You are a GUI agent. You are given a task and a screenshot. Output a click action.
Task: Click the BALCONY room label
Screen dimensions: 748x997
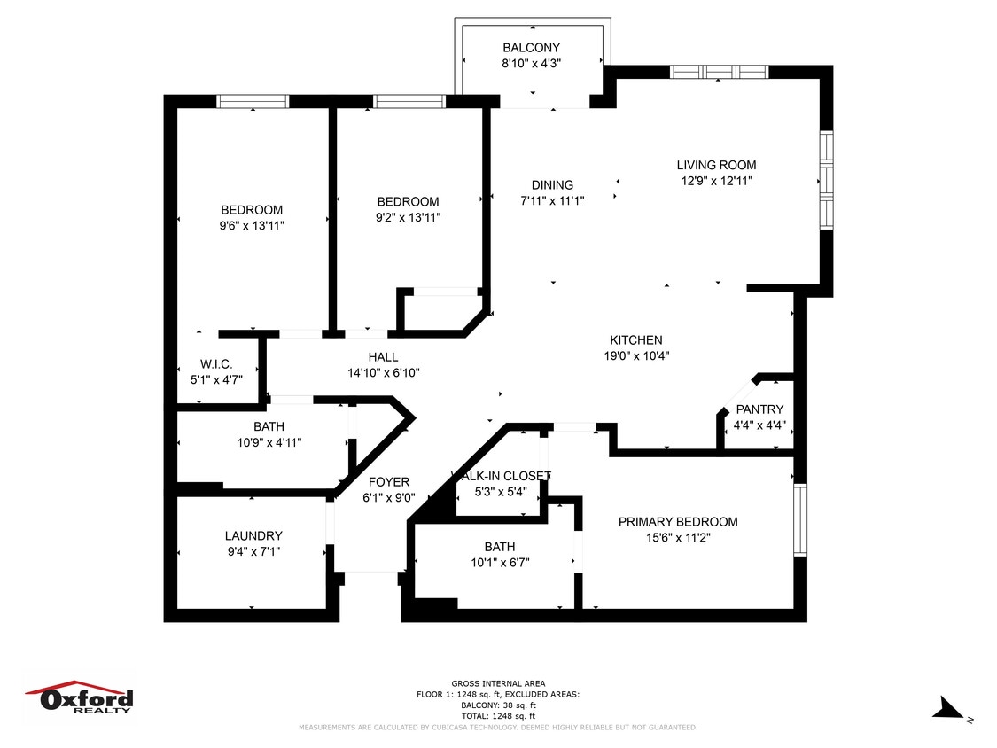pyautogui.click(x=531, y=48)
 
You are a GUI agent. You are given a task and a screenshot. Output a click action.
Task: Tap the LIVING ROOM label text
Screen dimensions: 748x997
pyautogui.click(x=716, y=165)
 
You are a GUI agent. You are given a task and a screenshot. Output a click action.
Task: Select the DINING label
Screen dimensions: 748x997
pyautogui.click(x=552, y=185)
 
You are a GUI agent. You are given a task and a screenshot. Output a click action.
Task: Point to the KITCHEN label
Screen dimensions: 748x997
pyautogui.click(x=635, y=340)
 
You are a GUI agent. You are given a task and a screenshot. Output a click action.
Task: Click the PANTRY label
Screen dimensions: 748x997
pyautogui.click(x=759, y=409)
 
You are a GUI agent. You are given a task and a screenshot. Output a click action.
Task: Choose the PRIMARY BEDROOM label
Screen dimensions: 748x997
pyautogui.click(x=678, y=522)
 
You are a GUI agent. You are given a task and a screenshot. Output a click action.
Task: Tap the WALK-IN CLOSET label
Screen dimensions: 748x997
pyautogui.click(x=501, y=476)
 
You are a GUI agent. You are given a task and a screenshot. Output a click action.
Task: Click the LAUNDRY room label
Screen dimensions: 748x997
pyautogui.click(x=253, y=536)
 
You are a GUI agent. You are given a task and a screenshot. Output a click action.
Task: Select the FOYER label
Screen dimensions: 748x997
pyautogui.click(x=388, y=482)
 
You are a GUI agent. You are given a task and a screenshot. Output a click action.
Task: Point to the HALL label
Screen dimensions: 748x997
pyautogui.click(x=383, y=357)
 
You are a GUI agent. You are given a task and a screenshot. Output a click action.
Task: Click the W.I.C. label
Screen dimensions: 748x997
pyautogui.click(x=216, y=364)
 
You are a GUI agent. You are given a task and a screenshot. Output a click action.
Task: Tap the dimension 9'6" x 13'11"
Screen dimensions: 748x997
pyautogui.click(x=252, y=226)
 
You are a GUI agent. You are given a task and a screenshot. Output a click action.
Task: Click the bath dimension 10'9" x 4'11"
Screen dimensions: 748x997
pyautogui.click(x=269, y=442)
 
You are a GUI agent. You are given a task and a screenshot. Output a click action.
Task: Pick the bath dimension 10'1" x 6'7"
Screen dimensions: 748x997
pyautogui.click(x=499, y=563)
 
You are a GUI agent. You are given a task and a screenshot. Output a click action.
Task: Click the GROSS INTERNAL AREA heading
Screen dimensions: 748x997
pyautogui.click(x=498, y=683)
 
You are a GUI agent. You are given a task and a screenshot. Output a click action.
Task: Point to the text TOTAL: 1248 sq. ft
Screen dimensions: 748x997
pyautogui.click(x=498, y=716)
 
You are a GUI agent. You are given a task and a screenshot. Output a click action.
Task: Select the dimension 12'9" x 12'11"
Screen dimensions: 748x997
pyautogui.click(x=716, y=181)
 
